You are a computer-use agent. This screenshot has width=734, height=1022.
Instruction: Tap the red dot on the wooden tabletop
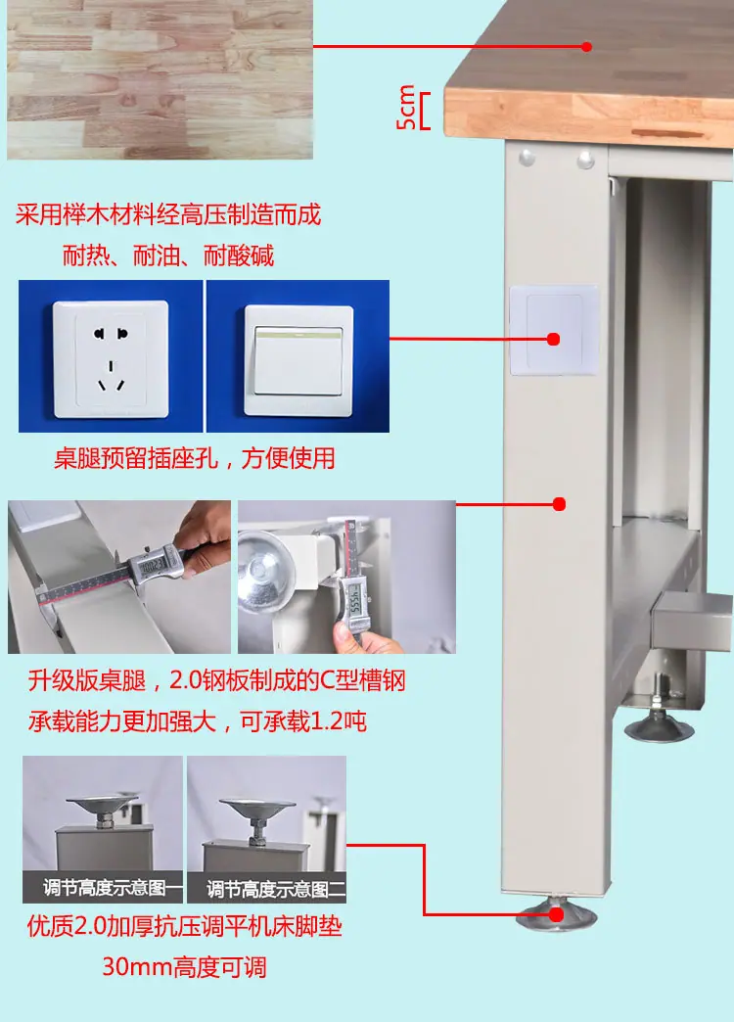[x=586, y=46]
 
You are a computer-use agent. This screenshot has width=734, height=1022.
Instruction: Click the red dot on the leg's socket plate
[x=553, y=339]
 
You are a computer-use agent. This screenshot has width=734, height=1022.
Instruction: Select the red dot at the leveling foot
[x=556, y=914]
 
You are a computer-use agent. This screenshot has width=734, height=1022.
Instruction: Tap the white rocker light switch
[x=298, y=360]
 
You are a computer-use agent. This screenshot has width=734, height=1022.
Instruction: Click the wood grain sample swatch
[x=160, y=79]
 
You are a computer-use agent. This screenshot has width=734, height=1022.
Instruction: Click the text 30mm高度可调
[x=184, y=966]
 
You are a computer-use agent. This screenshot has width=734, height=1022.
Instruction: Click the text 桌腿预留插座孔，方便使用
[x=194, y=458]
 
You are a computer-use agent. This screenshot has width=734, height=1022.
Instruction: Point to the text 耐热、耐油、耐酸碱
[x=168, y=255]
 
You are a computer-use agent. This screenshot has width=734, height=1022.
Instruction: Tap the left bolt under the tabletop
[x=527, y=157]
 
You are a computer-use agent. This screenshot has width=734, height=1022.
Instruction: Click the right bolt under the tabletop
[x=586, y=159]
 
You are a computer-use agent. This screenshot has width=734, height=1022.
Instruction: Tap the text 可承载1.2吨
[x=303, y=720]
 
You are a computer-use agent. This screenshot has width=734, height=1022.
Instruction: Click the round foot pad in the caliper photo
[x=264, y=572]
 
